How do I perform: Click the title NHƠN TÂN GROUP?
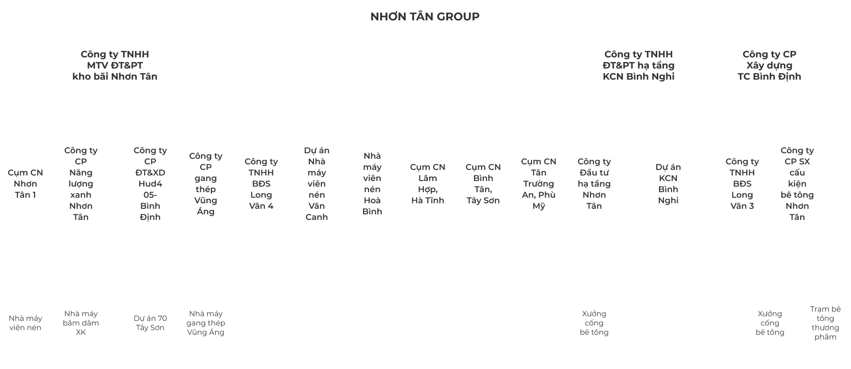[x=425, y=17]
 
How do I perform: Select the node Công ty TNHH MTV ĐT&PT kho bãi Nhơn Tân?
[x=115, y=65]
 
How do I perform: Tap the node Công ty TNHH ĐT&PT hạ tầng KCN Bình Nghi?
[x=638, y=65]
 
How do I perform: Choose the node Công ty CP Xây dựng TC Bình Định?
[x=769, y=65]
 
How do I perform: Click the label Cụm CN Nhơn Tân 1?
[x=25, y=184]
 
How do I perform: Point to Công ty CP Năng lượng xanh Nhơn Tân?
[x=81, y=184]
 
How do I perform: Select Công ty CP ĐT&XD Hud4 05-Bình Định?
[x=150, y=184]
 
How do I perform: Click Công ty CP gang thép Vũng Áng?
[x=206, y=184]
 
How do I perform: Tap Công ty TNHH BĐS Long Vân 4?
[x=261, y=184]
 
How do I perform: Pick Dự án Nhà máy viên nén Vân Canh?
[x=317, y=184]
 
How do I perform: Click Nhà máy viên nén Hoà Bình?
[x=372, y=184]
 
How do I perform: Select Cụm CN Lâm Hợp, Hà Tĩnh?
[x=428, y=184]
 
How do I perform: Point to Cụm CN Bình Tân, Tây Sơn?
[x=483, y=184]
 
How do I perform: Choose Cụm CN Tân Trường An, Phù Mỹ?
[x=539, y=184]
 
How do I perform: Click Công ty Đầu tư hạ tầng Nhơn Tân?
[x=594, y=184]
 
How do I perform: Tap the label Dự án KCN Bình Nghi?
[x=668, y=184]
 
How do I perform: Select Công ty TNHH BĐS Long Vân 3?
[x=742, y=184]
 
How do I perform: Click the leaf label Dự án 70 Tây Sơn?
[x=150, y=323]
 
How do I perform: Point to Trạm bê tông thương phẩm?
[x=826, y=323]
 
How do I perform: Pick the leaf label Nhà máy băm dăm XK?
[x=81, y=323]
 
